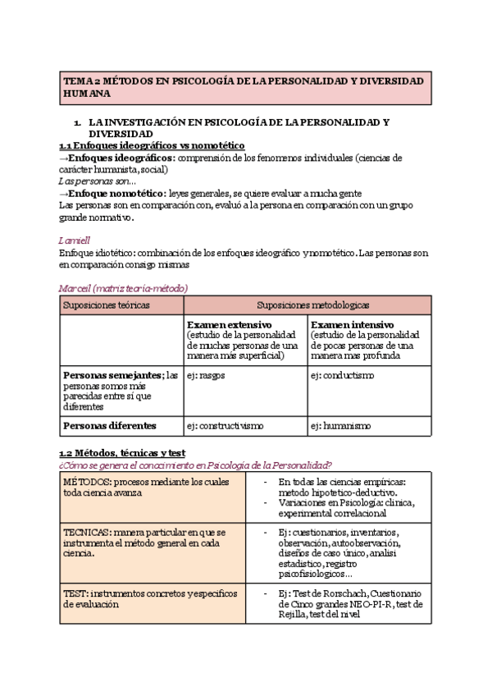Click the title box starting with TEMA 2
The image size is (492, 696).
[x=245, y=88]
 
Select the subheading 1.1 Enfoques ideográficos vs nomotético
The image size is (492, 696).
[x=152, y=145]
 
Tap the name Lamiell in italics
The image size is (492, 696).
[x=74, y=240]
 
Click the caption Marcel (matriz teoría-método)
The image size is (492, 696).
[x=124, y=288]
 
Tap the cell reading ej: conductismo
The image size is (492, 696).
[x=341, y=375]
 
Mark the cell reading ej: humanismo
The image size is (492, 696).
[x=340, y=426]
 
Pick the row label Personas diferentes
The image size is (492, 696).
[x=109, y=426]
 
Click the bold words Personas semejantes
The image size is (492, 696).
[x=112, y=375]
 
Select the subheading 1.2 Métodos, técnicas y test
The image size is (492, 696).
[x=122, y=453]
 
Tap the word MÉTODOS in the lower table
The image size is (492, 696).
[x=85, y=482]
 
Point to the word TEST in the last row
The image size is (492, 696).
[x=75, y=593]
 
